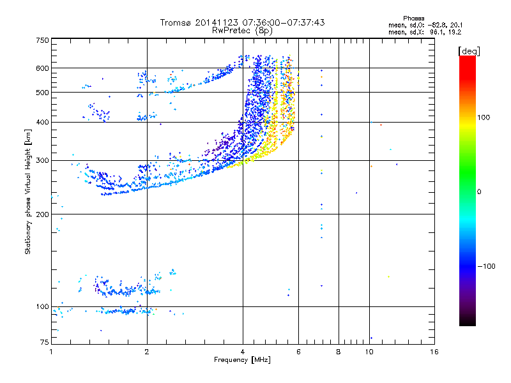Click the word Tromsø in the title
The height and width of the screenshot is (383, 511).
coord(176,22)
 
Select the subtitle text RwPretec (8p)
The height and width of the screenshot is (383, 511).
coord(242,31)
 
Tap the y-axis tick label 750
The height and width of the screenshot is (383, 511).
coord(43,40)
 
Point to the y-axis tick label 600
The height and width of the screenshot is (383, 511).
coord(43,68)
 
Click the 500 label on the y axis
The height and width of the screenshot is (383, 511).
coord(43,93)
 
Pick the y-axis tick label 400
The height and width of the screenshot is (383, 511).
coord(43,122)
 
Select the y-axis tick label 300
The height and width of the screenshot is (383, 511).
coord(43,160)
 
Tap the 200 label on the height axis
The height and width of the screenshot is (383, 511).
coord(43,214)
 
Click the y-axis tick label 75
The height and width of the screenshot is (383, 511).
coord(45,342)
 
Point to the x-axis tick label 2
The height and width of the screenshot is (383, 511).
coord(147,352)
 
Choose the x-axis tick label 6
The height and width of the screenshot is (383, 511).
coord(298,352)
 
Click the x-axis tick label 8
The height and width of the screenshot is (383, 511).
coord(339,352)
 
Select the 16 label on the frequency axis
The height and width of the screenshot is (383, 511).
coord(434,352)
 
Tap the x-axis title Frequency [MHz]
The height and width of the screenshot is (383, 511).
coord(242,360)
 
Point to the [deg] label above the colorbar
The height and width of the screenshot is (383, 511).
coord(469,51)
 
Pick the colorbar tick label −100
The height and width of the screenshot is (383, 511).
coord(487,266)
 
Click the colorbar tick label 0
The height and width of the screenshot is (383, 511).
coord(479,192)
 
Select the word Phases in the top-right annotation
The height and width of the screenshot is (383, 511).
coord(413,19)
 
